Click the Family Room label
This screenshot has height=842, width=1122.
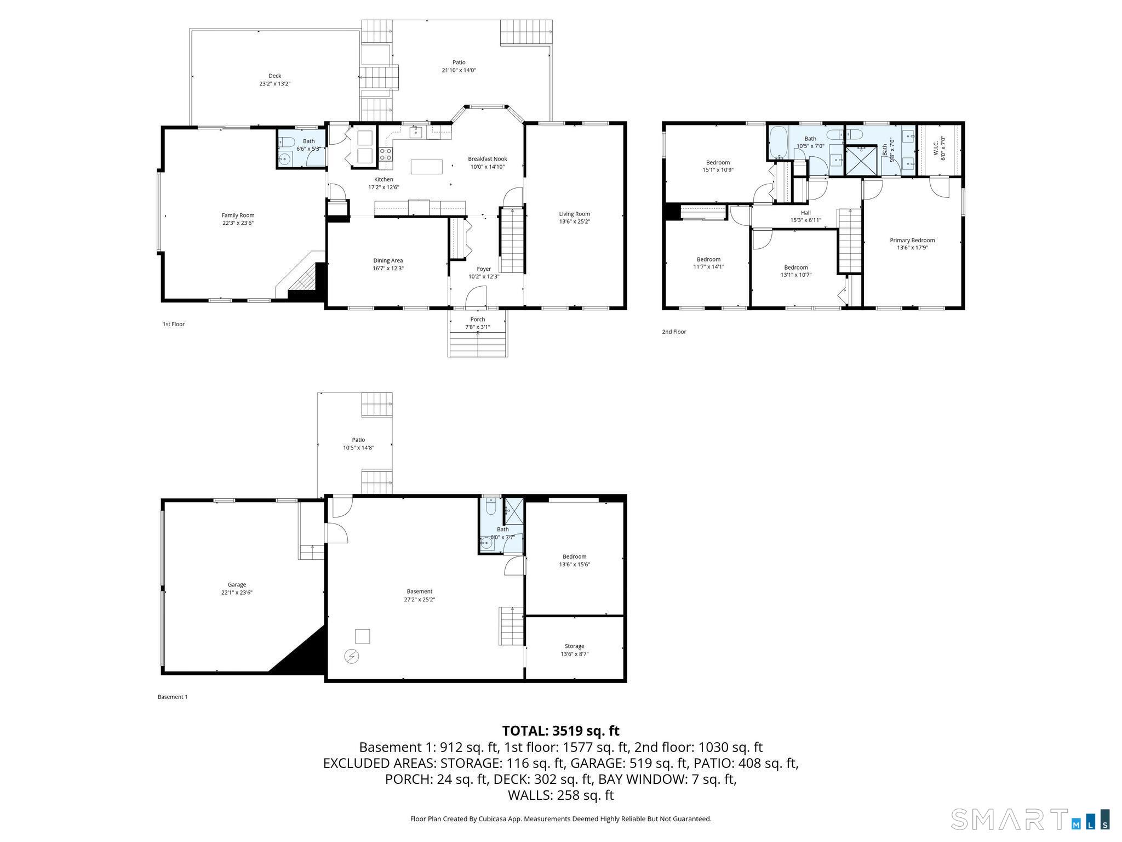(238, 215)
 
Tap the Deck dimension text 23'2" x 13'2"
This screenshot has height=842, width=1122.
(274, 84)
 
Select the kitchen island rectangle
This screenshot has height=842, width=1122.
(427, 167)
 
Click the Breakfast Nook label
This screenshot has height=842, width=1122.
(487, 159)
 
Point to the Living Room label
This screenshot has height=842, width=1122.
(574, 214)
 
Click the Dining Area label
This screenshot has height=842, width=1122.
(388, 260)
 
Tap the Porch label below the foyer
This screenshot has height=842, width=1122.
(477, 320)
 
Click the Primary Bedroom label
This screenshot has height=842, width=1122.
(912, 240)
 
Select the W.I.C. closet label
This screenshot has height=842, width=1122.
(936, 148)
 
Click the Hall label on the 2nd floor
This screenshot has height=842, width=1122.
(805, 213)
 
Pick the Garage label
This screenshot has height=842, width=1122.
(237, 585)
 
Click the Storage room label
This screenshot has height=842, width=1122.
(574, 646)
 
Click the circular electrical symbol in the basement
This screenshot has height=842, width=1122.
(351, 656)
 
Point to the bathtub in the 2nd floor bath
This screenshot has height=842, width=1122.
(777, 143)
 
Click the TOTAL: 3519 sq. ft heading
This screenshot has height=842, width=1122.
(560, 731)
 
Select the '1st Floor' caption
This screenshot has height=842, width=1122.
(174, 324)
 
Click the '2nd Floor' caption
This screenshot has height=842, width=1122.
(674, 332)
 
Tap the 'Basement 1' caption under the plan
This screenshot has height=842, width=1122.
(173, 697)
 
